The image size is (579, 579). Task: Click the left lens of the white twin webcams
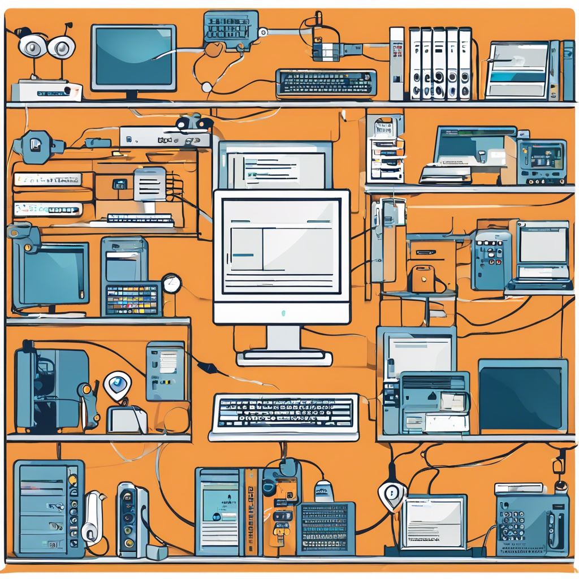click(x=32, y=46)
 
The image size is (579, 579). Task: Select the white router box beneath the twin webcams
click(x=46, y=90)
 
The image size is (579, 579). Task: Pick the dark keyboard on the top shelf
click(x=326, y=83)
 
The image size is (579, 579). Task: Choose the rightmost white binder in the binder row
click(x=465, y=63)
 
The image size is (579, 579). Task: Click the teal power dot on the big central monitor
click(x=283, y=313)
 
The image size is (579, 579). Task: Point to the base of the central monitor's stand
click(x=284, y=357)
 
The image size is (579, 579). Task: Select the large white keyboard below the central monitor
click(x=284, y=416)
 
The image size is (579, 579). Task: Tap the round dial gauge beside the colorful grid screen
click(x=171, y=283)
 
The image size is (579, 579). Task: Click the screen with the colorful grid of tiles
click(x=133, y=299)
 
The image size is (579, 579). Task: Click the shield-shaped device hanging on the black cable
click(x=392, y=494)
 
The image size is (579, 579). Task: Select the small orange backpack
click(x=423, y=279)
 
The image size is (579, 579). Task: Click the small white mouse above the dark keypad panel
click(x=323, y=490)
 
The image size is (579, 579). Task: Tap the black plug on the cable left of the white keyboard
click(x=207, y=368)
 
